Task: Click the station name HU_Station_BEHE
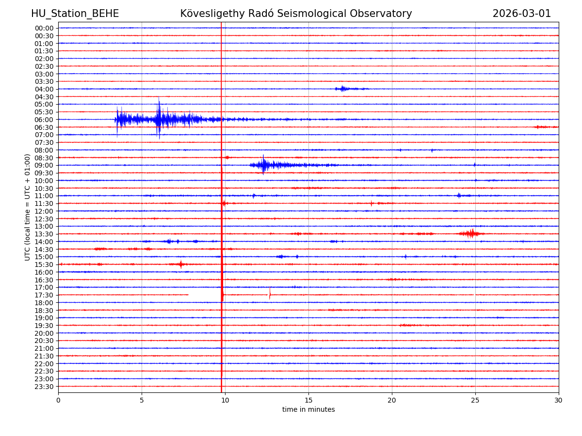[x=75, y=14]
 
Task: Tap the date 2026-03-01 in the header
[x=521, y=14]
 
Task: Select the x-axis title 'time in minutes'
[x=308, y=409]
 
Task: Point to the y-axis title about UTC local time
[x=28, y=207]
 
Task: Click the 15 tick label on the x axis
[x=308, y=400]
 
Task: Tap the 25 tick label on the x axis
[x=475, y=400]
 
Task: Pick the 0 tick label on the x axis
[x=58, y=400]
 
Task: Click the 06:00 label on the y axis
[x=44, y=120]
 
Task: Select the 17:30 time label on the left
[x=44, y=295]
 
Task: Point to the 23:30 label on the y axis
[x=44, y=387]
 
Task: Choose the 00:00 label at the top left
[x=44, y=28]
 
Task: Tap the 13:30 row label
[x=44, y=234]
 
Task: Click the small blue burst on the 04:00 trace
[x=343, y=89]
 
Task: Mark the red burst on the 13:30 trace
[x=470, y=234]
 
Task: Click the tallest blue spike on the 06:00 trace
[x=159, y=116]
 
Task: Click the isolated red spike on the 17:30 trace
[x=270, y=293]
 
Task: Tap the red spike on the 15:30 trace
[x=181, y=264]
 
